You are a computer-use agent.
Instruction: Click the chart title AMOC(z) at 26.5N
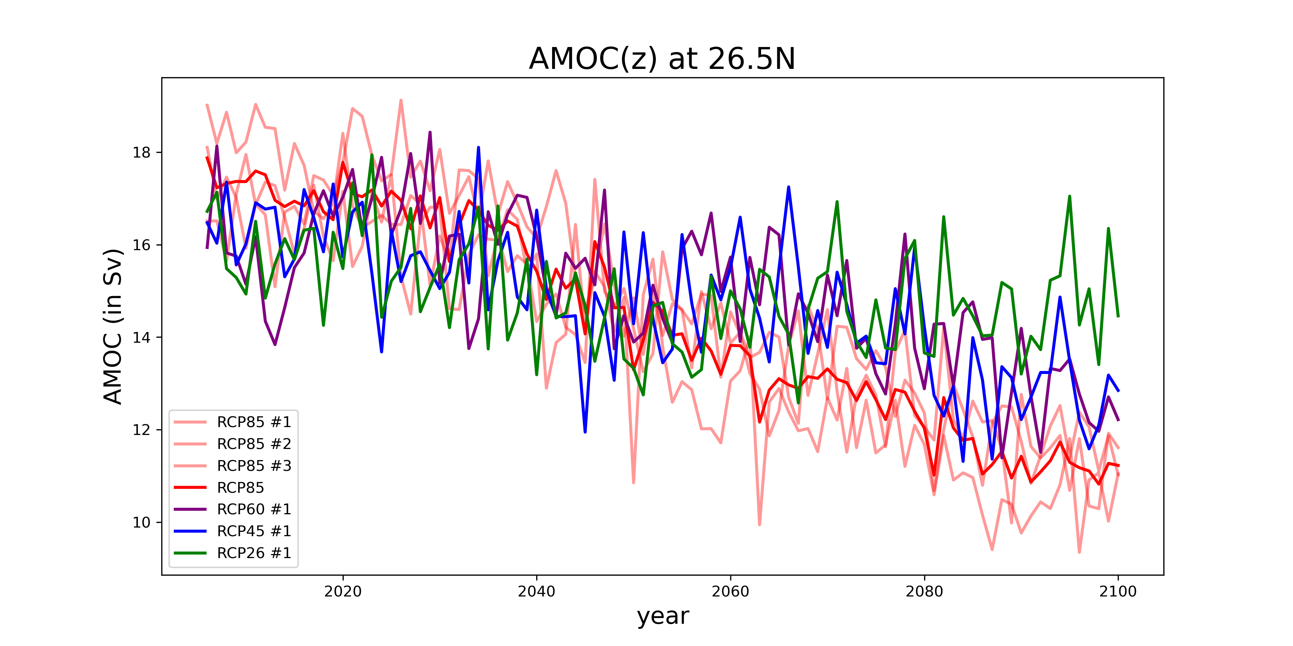pyautogui.click(x=662, y=59)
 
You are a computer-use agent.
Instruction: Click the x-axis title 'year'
pyautogui.click(x=663, y=616)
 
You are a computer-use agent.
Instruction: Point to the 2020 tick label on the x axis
pyautogui.click(x=343, y=592)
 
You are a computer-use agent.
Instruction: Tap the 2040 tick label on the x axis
pyautogui.click(x=537, y=592)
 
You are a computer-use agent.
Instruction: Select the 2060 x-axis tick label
pyautogui.click(x=730, y=592)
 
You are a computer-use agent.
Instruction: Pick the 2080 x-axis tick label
pyautogui.click(x=924, y=592)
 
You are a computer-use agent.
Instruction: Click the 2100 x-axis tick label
pyautogui.click(x=1118, y=592)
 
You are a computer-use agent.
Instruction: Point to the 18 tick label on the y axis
pyautogui.click(x=142, y=153)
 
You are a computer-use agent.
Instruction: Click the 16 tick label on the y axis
pyautogui.click(x=142, y=245)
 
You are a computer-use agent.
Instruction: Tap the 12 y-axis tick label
pyautogui.click(x=142, y=430)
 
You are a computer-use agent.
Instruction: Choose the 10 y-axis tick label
pyautogui.click(x=142, y=522)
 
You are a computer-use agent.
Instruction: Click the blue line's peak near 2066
pyautogui.click(x=788, y=187)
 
